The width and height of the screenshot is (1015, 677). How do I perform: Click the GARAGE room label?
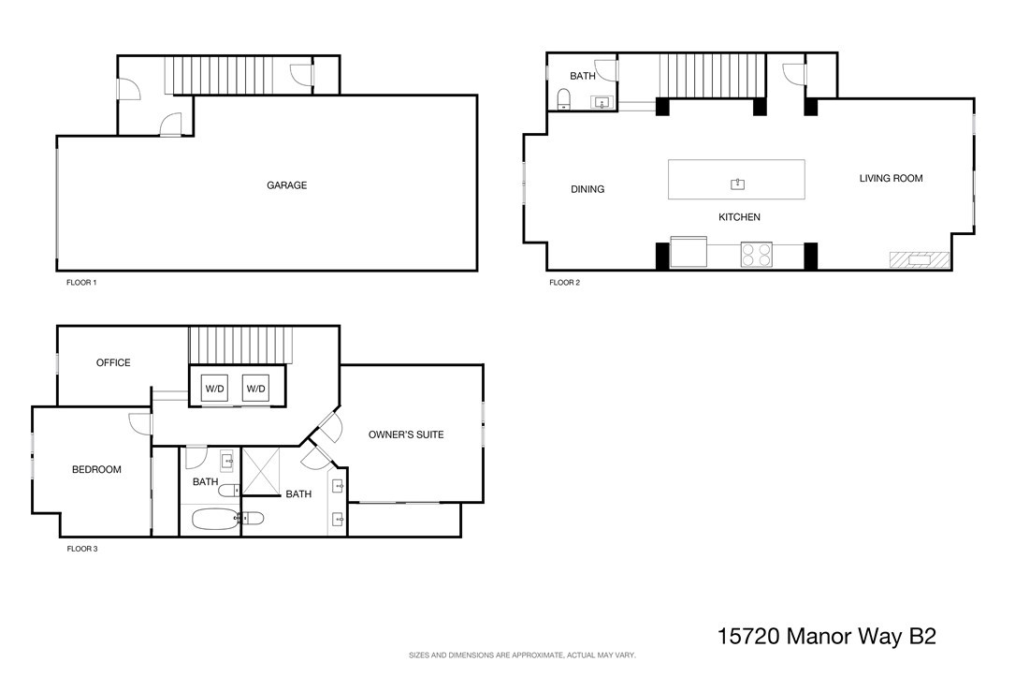point(287,185)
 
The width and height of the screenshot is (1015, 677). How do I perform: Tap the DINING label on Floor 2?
point(587,189)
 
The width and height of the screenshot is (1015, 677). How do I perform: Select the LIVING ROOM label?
point(891,178)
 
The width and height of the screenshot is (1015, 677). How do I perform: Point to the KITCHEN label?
point(739,217)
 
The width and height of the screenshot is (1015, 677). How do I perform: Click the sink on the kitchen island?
point(737,184)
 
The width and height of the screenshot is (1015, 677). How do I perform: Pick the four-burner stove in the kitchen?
point(756,254)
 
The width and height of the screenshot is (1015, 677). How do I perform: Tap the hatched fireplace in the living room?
point(920,260)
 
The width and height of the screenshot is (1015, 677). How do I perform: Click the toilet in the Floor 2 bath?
point(564,99)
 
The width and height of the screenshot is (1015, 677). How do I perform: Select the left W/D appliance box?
point(214,389)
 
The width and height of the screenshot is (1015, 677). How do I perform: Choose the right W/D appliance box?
point(255,389)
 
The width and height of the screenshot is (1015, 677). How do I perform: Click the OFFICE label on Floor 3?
point(113,362)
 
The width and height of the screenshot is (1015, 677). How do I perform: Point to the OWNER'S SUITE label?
point(406,434)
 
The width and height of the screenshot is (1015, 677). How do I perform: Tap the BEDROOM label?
point(96,470)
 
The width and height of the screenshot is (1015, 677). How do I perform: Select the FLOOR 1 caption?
point(81,283)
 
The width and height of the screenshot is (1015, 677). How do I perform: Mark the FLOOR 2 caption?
point(564,283)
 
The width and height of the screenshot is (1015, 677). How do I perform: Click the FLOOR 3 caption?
point(82,549)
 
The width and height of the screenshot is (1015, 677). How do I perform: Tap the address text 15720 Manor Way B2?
point(827,636)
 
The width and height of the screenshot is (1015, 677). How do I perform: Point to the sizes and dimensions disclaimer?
point(522,655)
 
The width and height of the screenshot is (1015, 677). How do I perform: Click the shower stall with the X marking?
point(261,471)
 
